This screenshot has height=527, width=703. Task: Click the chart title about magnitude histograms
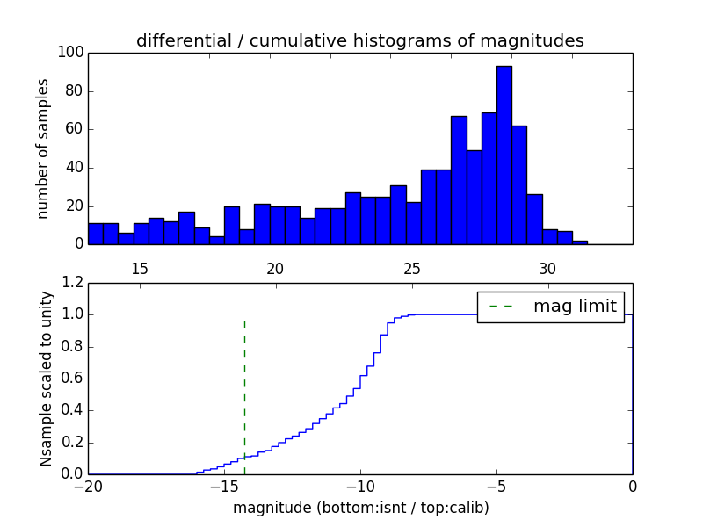pyautogui.click(x=360, y=40)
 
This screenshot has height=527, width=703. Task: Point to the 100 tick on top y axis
pyautogui.click(x=72, y=53)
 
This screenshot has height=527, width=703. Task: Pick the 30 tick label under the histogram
pyautogui.click(x=547, y=268)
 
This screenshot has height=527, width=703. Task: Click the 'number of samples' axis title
pyautogui.click(x=42, y=148)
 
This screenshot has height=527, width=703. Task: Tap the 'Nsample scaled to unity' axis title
pyautogui.click(x=46, y=379)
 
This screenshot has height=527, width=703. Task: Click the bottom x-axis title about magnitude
pyautogui.click(x=360, y=508)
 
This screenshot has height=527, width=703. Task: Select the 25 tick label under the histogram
pyautogui.click(x=411, y=268)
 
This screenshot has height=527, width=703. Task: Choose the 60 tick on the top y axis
pyautogui.click(x=72, y=129)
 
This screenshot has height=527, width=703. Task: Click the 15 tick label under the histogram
pyautogui.click(x=140, y=268)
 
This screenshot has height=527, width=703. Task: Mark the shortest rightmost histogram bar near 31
pyautogui.click(x=580, y=242)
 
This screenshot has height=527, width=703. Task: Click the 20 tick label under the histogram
pyautogui.click(x=276, y=268)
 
